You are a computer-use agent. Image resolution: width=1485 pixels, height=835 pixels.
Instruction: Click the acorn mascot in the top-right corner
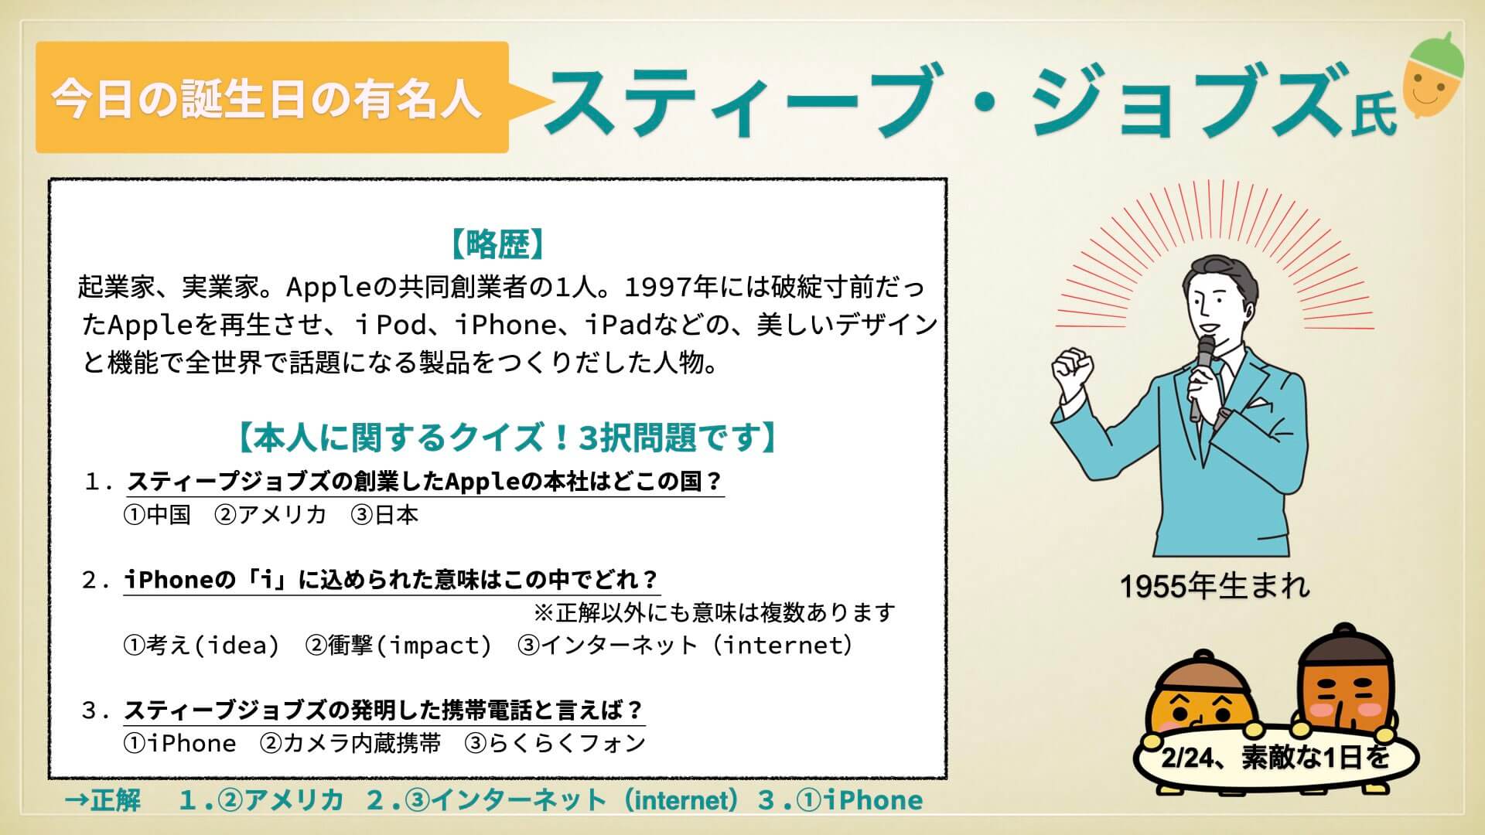[1433, 76]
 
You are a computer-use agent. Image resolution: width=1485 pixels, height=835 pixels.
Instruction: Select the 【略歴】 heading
[498, 245]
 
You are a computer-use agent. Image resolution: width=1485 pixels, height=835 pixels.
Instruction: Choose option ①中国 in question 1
[157, 515]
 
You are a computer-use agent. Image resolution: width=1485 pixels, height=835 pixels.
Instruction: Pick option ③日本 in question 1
[384, 515]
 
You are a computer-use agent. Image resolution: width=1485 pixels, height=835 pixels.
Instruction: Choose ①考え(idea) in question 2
[201, 645]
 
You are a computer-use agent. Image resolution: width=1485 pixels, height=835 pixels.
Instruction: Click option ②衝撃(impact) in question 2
[398, 645]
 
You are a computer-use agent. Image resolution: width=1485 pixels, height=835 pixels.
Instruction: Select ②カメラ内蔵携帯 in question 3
[350, 743]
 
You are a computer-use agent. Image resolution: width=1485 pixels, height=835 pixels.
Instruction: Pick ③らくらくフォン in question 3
[555, 743]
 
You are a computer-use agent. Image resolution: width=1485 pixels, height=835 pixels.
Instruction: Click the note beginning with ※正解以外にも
[715, 612]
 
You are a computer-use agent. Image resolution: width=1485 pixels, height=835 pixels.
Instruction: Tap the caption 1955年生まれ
[1215, 587]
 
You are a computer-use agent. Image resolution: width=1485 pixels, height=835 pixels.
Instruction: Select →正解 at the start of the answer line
[103, 800]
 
